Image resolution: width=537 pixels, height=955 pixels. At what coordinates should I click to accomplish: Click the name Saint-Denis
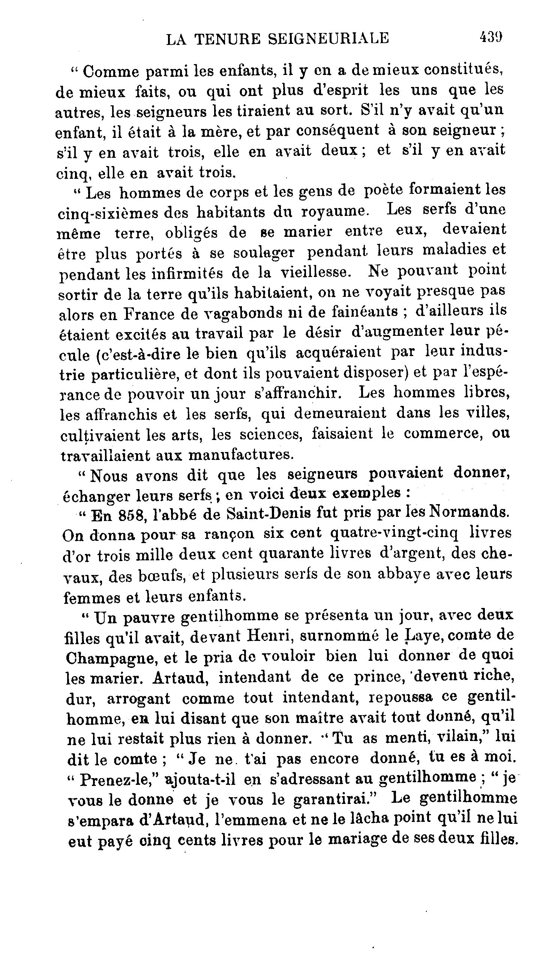pos(268,514)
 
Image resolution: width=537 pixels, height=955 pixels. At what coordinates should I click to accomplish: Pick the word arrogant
pos(138,699)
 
